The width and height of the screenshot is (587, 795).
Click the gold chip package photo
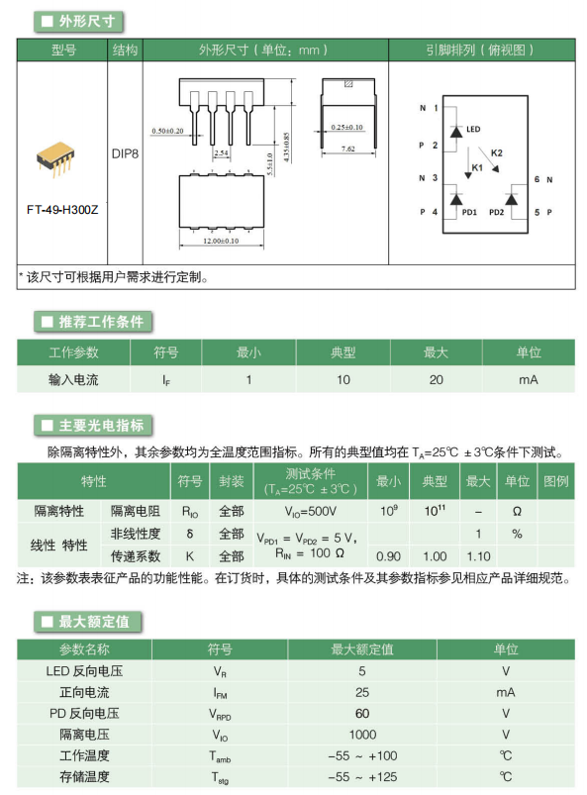pos(55,159)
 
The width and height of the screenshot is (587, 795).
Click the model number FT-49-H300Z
pos(62,210)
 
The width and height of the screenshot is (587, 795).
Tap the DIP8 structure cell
pos(125,153)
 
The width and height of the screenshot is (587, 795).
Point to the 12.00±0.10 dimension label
pos(221,241)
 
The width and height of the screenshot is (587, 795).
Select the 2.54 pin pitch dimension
pos(221,152)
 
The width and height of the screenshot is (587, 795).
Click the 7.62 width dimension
pos(347,149)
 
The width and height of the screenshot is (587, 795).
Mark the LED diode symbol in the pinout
pos(456,132)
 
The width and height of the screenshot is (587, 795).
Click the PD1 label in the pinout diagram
pos(469,213)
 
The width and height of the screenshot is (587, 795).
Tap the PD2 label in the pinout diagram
pos(496,213)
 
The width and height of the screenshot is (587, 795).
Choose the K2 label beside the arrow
pos(497,152)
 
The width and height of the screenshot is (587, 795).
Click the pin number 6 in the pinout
pos(537,179)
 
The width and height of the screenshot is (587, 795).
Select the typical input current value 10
pos(343,380)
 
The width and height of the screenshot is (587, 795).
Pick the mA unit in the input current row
pos(529,380)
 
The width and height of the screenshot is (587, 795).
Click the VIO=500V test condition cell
pos(310,512)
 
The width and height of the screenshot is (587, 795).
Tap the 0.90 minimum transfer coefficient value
pos(388,556)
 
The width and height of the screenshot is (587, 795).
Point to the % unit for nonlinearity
pos(517,534)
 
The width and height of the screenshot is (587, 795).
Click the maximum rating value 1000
pos(362,735)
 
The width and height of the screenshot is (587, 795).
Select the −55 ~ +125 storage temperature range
pos(362,777)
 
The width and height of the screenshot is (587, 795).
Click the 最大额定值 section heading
pos(94,622)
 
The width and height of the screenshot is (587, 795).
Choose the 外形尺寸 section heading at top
pos(87,22)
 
